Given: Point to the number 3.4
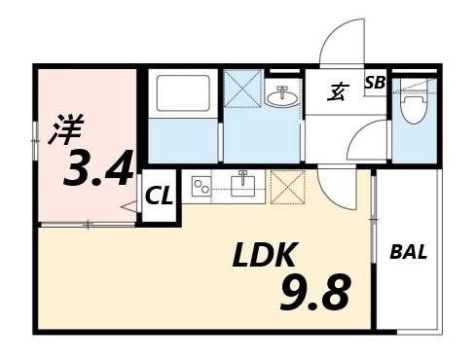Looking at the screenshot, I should pyautogui.click(x=97, y=170).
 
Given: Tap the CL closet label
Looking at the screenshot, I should pyautogui.click(x=159, y=196).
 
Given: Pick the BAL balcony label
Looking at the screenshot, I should pyautogui.click(x=408, y=253).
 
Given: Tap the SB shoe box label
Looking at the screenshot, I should pyautogui.click(x=375, y=84).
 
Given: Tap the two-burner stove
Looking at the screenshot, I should pyautogui.click(x=201, y=184).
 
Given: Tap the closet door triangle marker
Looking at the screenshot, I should pyautogui.click(x=128, y=206).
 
